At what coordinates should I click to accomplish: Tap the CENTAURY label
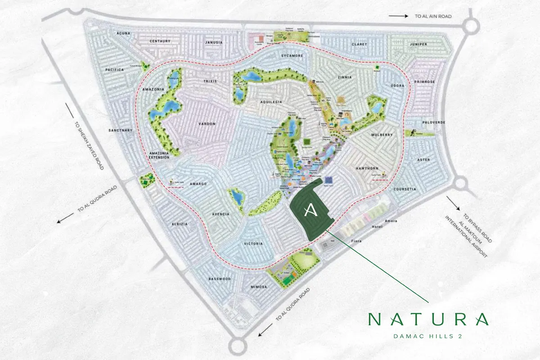161,41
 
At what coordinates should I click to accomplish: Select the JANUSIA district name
214,43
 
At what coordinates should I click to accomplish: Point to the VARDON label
207,124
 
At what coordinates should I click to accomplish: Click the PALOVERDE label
433,122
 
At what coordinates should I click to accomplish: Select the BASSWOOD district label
220,279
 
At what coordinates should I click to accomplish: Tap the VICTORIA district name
252,244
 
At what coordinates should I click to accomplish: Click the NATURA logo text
428,319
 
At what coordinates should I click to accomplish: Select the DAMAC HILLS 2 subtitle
428,336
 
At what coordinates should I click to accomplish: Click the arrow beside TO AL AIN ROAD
398,16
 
